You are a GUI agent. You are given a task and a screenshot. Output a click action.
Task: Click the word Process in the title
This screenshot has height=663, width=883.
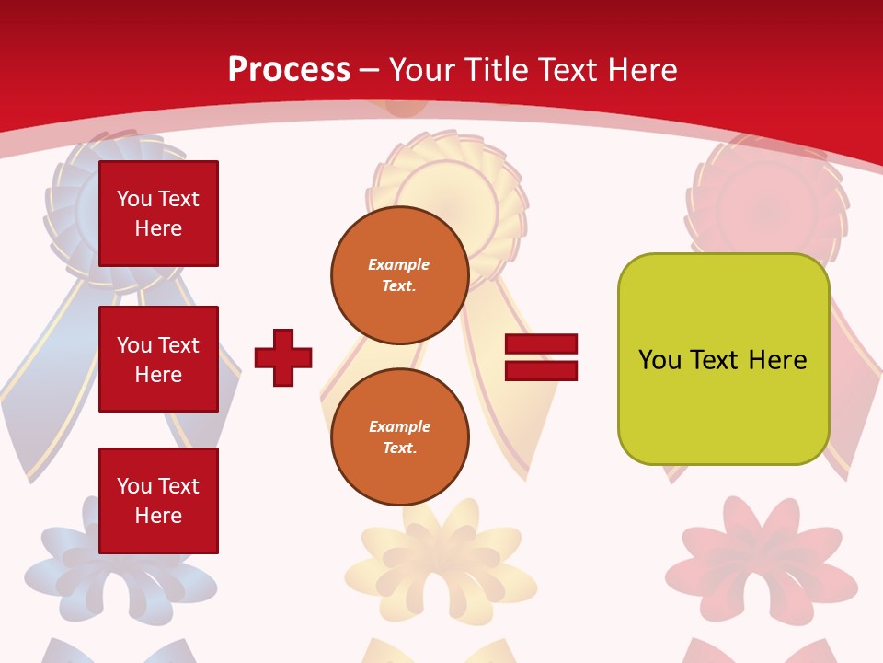[289, 70]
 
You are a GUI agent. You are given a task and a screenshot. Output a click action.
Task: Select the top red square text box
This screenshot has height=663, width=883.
[158, 214]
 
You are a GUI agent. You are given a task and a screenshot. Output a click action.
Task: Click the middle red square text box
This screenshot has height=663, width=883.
[158, 359]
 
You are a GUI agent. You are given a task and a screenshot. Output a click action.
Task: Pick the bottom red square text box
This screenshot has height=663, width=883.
[158, 501]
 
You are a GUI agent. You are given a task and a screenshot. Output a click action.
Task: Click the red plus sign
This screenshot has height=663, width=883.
[283, 357]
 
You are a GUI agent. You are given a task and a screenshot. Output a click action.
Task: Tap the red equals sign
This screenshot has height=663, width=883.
[541, 357]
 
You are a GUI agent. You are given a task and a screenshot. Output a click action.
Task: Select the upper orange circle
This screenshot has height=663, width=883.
[400, 275]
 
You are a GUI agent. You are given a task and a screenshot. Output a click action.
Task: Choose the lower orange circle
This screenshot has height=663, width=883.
[400, 437]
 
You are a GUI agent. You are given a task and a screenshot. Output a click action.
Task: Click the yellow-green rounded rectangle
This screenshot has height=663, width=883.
[723, 359]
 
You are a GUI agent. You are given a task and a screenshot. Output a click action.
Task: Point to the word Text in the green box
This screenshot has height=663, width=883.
[717, 360]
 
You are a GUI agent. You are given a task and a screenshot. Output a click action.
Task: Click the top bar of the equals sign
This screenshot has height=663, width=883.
[541, 343]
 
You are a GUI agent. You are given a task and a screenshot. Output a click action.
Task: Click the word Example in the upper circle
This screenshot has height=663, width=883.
[399, 264]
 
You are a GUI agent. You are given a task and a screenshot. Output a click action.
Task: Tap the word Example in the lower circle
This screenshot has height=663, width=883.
[399, 426]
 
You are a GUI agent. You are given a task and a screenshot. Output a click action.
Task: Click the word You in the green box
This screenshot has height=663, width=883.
[659, 360]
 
